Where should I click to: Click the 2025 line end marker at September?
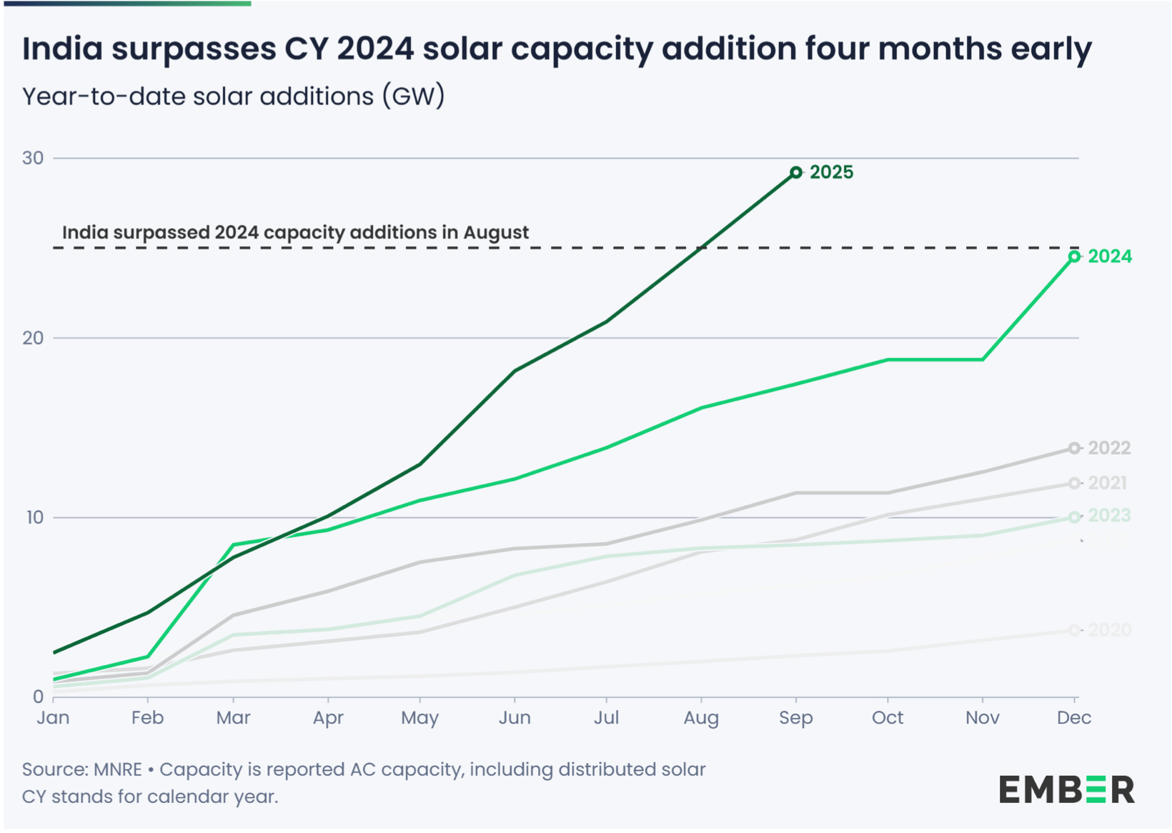click(x=795, y=172)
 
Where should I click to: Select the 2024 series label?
click(x=1109, y=256)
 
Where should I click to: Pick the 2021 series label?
click(x=1107, y=483)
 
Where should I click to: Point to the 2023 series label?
click(x=1109, y=516)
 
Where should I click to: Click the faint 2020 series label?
click(x=1109, y=630)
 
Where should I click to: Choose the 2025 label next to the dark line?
click(x=831, y=172)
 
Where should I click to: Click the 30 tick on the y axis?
click(x=33, y=158)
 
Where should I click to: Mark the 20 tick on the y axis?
click(x=33, y=338)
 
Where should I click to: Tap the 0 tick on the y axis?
click(x=38, y=697)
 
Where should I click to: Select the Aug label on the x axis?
click(x=700, y=718)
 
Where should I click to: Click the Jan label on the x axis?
click(x=53, y=718)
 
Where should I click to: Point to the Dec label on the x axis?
click(x=1073, y=718)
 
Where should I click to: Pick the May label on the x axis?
click(x=419, y=718)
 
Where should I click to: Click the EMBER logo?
click(x=1066, y=789)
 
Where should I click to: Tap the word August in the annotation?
click(x=495, y=232)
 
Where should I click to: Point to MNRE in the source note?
click(x=118, y=769)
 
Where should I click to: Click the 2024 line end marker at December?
click(x=1074, y=256)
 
